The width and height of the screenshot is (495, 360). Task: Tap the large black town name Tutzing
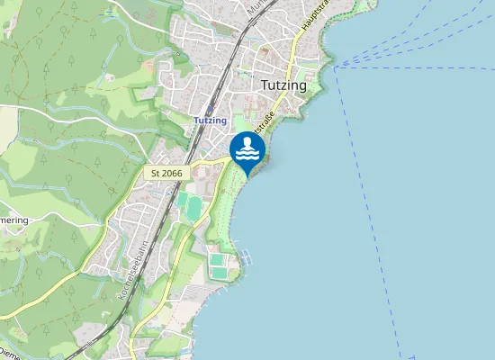point(283,85)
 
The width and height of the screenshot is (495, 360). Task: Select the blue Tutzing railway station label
point(210,121)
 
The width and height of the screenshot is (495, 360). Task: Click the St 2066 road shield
point(166,172)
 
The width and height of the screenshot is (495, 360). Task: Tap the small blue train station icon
point(210,109)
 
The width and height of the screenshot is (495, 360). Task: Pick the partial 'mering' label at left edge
point(13,220)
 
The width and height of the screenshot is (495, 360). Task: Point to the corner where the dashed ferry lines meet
point(336,67)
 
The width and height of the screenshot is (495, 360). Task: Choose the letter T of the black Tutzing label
point(264,85)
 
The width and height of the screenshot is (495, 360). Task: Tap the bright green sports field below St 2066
point(193,208)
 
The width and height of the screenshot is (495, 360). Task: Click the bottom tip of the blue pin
point(247,175)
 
